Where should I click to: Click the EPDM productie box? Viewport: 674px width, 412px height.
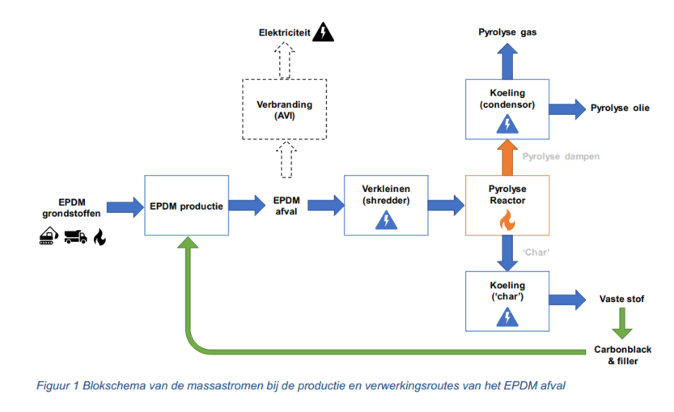pyautogui.click(x=185, y=205)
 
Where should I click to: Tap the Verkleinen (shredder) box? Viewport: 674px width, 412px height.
pyautogui.click(x=385, y=205)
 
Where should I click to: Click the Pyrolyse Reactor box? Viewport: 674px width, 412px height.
pyautogui.click(x=507, y=205)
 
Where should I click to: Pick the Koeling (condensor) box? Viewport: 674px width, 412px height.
pyautogui.click(x=507, y=108)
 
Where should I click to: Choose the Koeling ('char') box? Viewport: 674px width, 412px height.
pyautogui.click(x=507, y=300)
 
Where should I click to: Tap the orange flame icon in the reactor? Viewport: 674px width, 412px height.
pyautogui.click(x=507, y=220)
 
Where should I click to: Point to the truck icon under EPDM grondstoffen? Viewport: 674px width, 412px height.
pyautogui.click(x=76, y=237)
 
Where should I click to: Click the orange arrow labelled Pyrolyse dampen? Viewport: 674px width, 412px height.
pyautogui.click(x=507, y=155)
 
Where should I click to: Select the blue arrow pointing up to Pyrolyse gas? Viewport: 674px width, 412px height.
pyautogui.click(x=507, y=60)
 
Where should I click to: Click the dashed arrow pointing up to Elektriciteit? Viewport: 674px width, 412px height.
pyautogui.click(x=284, y=58)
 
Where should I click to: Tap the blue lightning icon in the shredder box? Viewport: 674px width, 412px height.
pyautogui.click(x=385, y=220)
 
